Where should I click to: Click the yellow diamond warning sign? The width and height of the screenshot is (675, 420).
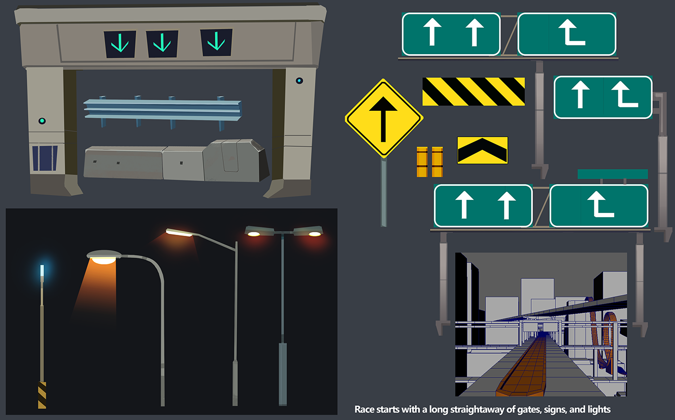(x=384, y=118)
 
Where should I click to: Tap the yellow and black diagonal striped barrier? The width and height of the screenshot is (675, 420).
(x=473, y=92)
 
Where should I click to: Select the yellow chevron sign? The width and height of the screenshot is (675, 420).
(x=483, y=150)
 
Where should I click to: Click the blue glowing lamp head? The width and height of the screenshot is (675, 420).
(x=42, y=270)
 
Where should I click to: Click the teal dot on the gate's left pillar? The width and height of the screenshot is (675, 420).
(x=42, y=121)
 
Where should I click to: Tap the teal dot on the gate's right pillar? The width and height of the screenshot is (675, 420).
(x=299, y=80)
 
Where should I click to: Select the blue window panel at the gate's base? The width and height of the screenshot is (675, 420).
(x=45, y=158)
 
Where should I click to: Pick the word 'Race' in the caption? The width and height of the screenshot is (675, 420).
(x=364, y=409)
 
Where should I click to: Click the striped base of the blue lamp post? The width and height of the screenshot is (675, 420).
(x=42, y=395)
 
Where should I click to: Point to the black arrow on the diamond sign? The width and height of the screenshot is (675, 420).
(x=383, y=119)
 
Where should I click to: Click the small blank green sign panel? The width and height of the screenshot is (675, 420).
(x=613, y=174)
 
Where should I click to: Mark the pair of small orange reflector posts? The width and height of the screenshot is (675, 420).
(x=429, y=162)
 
